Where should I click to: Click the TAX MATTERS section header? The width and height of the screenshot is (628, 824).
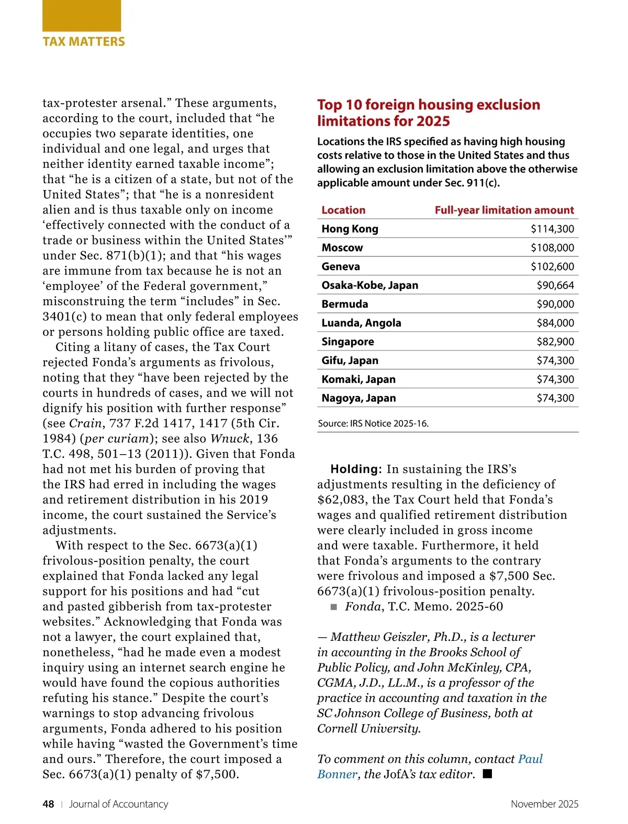(x=84, y=42)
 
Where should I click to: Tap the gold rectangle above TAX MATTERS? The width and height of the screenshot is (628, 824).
(x=82, y=16)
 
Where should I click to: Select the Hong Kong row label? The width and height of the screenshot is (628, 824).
(x=350, y=229)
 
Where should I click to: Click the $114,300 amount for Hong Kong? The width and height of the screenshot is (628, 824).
(x=552, y=229)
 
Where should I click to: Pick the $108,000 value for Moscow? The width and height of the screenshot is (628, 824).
(x=552, y=247)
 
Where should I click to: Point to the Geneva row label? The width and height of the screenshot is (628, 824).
(x=341, y=266)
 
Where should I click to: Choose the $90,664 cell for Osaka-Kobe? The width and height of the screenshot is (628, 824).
(x=555, y=285)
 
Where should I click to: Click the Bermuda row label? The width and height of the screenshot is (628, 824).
(x=344, y=304)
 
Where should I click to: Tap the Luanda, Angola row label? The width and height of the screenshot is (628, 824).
(x=361, y=323)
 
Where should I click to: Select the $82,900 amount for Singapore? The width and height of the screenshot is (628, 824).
(x=555, y=342)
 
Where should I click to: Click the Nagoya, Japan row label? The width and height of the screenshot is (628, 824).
(x=358, y=398)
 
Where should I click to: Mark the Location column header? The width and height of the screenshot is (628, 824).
(x=343, y=210)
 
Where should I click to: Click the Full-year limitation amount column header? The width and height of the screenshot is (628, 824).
(x=504, y=210)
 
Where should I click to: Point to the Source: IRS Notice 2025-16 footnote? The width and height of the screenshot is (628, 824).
(x=373, y=423)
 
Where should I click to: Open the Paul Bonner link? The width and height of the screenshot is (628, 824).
(x=530, y=759)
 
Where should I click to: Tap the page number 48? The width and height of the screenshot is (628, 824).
(x=48, y=804)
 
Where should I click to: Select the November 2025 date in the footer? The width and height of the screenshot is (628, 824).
(x=544, y=804)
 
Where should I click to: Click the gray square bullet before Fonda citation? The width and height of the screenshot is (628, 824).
(x=334, y=607)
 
